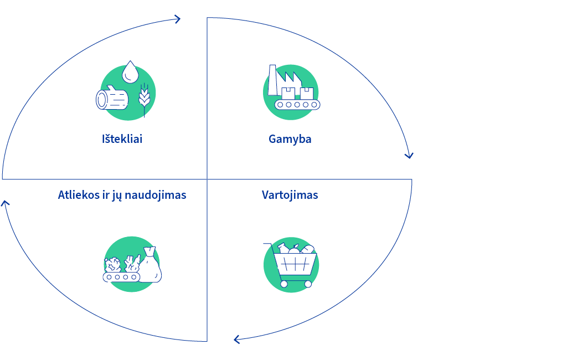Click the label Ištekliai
[x=122, y=139]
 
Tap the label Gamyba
[x=290, y=140]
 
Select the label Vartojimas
[x=290, y=195]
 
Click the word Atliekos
[x=79, y=195]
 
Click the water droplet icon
[x=130, y=72]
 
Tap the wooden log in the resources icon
[x=112, y=97]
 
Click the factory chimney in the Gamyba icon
[x=272, y=80]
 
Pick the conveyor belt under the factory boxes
[x=297, y=105]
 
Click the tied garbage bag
[x=150, y=265]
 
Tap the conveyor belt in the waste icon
[x=121, y=277]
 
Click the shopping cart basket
[x=295, y=265]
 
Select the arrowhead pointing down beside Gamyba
[x=409, y=156]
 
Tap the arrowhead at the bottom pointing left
[x=236, y=340]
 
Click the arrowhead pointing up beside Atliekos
[x=5, y=203]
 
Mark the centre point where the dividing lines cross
[x=207, y=179]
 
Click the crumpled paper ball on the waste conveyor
[x=113, y=265]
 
